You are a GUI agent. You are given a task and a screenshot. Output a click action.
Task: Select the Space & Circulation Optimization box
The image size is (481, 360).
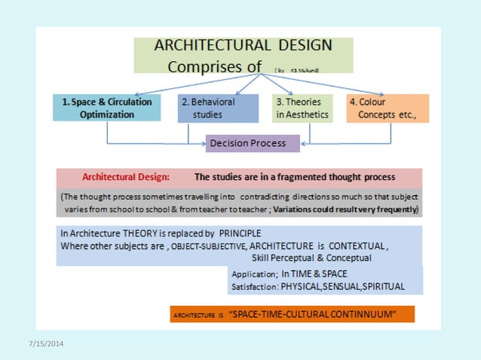pos(107,108)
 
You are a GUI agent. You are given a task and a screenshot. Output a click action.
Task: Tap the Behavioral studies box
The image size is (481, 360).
pos(207,108)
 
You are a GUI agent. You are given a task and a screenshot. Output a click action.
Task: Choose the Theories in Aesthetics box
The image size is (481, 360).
pos(301,108)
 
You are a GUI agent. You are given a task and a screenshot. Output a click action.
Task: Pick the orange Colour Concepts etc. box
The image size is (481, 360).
pos(388,108)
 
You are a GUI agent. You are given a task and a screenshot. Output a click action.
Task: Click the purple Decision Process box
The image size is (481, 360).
pos(247,143)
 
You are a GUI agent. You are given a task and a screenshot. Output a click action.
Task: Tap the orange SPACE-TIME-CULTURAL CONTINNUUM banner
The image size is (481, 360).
pos(293,313)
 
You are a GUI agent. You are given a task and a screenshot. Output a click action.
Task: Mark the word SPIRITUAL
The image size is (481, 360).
pos(383,287)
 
